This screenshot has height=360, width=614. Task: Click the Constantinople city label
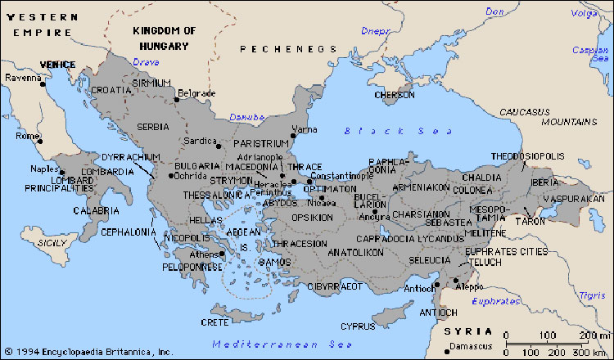pyautogui.click(x=327, y=176)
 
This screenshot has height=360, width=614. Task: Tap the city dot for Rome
pyautogui.click(x=39, y=141)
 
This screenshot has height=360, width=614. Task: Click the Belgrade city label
pyautogui.click(x=196, y=93)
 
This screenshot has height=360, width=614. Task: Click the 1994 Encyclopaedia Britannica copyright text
pyautogui.click(x=88, y=352)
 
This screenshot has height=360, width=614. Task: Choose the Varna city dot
pyautogui.click(x=292, y=134)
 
